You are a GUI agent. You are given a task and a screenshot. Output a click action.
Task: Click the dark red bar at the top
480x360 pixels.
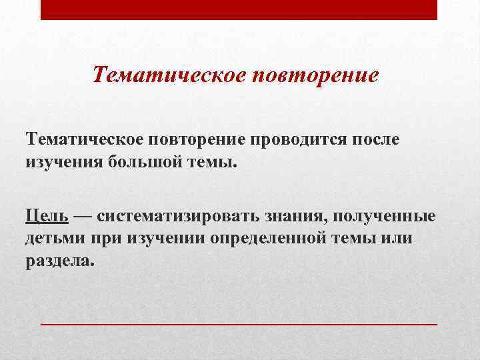(239, 10)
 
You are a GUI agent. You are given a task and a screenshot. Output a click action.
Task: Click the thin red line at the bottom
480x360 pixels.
(239, 323)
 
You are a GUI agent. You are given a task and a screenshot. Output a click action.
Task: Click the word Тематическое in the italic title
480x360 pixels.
(168, 74)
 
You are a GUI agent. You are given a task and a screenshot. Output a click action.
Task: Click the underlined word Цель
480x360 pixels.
(47, 216)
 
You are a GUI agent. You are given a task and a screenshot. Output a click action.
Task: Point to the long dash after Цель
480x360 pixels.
(83, 217)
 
